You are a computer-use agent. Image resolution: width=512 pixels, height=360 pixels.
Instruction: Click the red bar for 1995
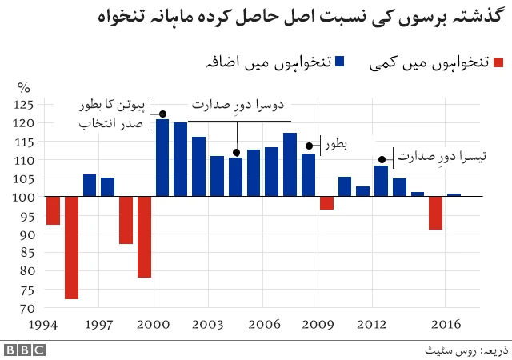click(72, 248)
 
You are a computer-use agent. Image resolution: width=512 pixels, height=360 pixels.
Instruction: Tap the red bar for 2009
click(326, 203)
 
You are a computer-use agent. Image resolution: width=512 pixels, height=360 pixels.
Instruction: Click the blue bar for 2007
click(290, 165)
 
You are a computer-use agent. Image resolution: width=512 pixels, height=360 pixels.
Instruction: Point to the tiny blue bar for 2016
click(454, 195)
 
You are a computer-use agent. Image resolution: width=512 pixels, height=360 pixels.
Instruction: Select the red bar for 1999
click(144, 237)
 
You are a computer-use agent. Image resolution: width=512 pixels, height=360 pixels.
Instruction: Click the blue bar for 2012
click(381, 181)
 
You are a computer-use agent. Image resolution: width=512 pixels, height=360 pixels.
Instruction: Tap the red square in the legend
click(498, 62)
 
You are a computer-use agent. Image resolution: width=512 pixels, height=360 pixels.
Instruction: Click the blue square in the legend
click(340, 62)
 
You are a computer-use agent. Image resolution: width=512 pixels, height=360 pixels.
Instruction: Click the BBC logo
click(25, 350)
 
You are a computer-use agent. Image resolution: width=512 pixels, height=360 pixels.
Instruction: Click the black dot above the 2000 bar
click(162, 114)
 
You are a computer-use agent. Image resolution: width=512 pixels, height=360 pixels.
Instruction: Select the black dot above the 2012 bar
click(382, 159)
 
